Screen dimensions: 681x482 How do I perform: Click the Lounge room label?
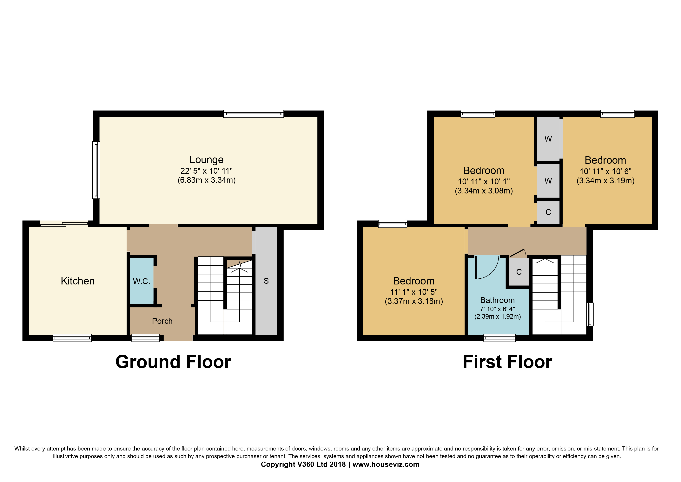click(x=206, y=160)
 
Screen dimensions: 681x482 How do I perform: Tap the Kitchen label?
click(x=78, y=281)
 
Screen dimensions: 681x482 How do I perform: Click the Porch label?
click(x=162, y=321)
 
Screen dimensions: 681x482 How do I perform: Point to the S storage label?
click(x=266, y=281)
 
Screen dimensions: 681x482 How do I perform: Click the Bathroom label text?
click(x=497, y=300)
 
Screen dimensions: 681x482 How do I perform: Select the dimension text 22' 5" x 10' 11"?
click(x=206, y=171)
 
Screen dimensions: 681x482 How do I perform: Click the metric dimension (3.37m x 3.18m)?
click(x=414, y=301)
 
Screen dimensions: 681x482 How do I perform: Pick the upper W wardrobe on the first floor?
click(x=548, y=139)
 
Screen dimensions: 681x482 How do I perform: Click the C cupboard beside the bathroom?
click(x=519, y=272)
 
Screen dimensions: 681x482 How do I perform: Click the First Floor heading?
click(x=507, y=362)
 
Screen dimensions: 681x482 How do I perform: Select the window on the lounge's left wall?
click(x=96, y=170)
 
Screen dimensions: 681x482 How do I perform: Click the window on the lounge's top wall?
click(x=254, y=114)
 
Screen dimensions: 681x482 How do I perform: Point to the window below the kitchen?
click(x=72, y=338)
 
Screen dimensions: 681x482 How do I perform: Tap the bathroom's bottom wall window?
click(x=499, y=338)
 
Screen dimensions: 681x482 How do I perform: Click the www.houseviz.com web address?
click(x=386, y=465)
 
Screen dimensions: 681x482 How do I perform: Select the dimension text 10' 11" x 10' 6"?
click(x=605, y=171)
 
